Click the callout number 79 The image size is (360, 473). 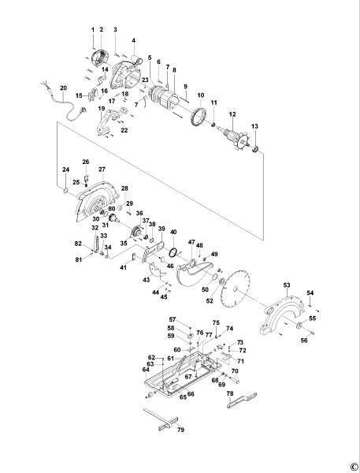tap(180, 430)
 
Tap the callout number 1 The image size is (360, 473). tap(92, 29)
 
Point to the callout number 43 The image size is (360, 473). tap(146, 280)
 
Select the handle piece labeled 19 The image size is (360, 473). tap(110, 121)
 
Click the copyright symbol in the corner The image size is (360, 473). tap(354, 465)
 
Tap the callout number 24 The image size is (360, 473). tap(66, 170)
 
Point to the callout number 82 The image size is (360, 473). tap(78, 244)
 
